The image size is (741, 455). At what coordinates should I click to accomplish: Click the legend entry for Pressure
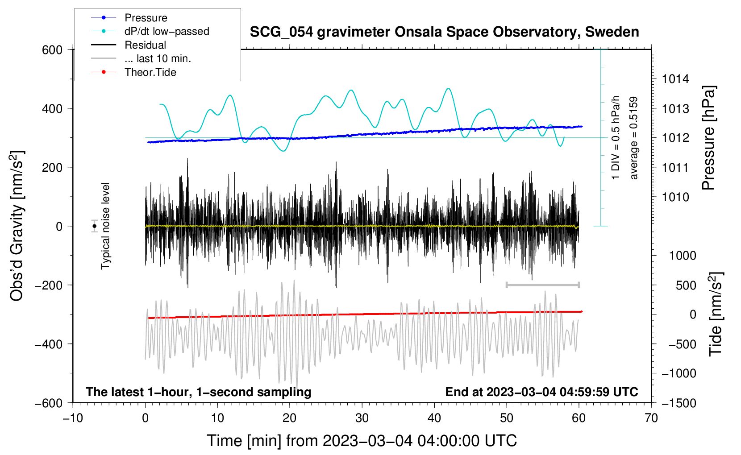pyautogui.click(x=129, y=17)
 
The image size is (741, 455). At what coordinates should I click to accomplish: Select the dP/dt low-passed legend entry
pyautogui.click(x=150, y=31)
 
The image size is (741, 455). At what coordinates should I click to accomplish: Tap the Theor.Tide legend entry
pyautogui.click(x=133, y=72)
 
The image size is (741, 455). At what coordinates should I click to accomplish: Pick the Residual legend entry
pyautogui.click(x=129, y=45)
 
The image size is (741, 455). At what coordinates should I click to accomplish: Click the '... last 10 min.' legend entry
pyautogui.click(x=141, y=58)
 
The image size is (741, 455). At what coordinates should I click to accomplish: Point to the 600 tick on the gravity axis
pyautogui.click(x=52, y=50)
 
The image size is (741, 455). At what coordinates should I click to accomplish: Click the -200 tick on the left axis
pyautogui.click(x=49, y=285)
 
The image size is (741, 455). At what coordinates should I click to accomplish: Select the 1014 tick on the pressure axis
pyautogui.click(x=675, y=79)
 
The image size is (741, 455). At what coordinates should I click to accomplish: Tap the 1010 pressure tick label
pyautogui.click(x=675, y=197)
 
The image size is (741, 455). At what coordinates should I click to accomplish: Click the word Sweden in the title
pyautogui.click(x=612, y=32)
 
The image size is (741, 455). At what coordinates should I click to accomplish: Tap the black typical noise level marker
pyautogui.click(x=94, y=226)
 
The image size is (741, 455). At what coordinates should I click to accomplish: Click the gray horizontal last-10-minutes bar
pyautogui.click(x=542, y=285)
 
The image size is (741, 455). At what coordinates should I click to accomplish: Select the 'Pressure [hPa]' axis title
pyautogui.click(x=708, y=138)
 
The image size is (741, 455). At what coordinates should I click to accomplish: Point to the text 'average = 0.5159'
pyautogui.click(x=633, y=138)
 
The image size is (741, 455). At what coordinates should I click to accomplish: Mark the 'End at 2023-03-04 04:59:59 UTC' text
pyautogui.click(x=541, y=392)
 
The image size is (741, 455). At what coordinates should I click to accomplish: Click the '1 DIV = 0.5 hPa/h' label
pyautogui.click(x=615, y=138)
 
